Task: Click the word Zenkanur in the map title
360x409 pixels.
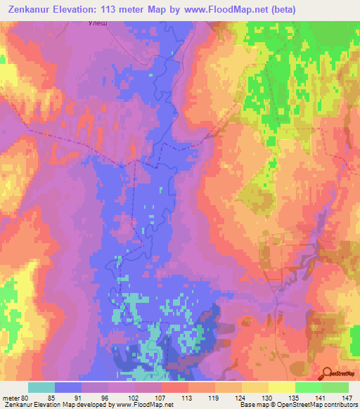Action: pyautogui.click(x=33, y=10)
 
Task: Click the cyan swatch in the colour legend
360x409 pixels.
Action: pyautogui.click(x=41, y=387)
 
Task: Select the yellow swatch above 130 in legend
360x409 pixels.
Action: pyautogui.click(x=255, y=387)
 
